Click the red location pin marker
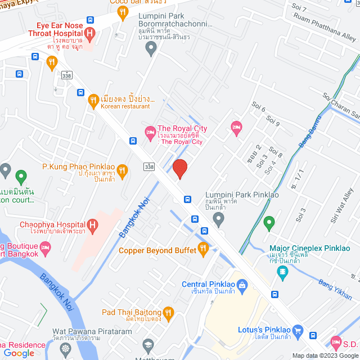tap(179, 169)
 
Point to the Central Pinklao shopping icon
tap(242, 285)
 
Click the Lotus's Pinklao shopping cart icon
tap(298, 331)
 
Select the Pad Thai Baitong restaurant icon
tap(168, 312)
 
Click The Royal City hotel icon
tap(150, 133)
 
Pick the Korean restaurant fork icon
tap(94, 101)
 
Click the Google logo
tap(19, 353)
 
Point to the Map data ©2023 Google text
tap(325, 355)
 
